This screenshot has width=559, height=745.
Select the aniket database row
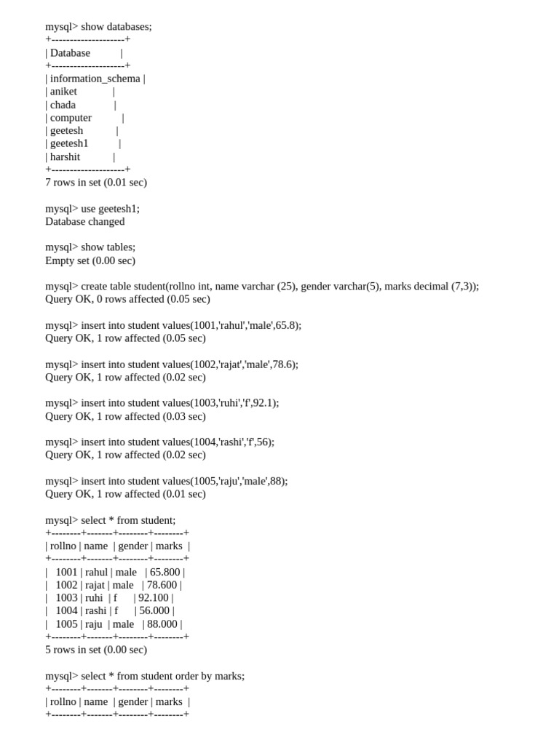(x=63, y=92)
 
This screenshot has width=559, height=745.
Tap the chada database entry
(x=63, y=105)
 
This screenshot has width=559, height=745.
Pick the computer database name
(x=71, y=118)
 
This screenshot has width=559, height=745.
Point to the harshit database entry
(x=65, y=157)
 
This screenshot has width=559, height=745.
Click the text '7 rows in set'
(x=73, y=183)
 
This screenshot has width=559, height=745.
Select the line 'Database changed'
(x=84, y=222)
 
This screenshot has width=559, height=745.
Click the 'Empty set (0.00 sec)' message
(x=90, y=260)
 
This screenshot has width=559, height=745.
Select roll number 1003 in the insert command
(x=203, y=403)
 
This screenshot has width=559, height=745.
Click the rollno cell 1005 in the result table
(x=66, y=624)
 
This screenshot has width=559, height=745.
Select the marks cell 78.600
(x=162, y=585)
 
